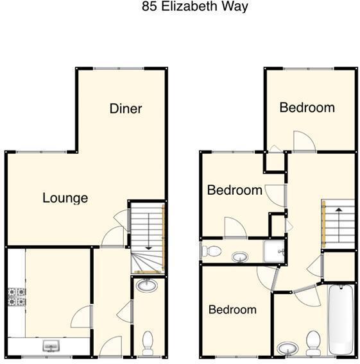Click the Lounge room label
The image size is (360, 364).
coord(65,198)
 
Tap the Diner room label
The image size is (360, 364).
coord(125,108)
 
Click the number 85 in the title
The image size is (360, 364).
coord(148,7)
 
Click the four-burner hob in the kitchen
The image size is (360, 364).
coord(16,296)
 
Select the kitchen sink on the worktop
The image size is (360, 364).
coord(51,347)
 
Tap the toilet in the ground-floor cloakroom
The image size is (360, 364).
coord(148,342)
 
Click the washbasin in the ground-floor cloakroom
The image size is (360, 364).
coord(148,285)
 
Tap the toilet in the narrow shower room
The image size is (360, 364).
coord(212,251)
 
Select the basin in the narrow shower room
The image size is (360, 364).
coord(240,257)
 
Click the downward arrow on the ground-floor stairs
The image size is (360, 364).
coord(148,231)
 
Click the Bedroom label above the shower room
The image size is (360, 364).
coord(234,190)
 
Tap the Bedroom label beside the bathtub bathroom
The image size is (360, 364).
coord(232,310)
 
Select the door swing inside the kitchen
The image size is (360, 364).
coord(80,316)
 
